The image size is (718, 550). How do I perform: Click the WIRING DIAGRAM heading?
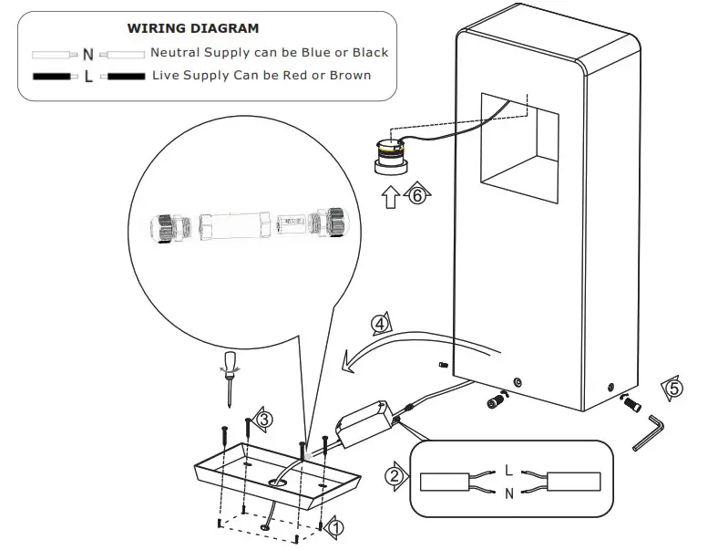tap(192, 28)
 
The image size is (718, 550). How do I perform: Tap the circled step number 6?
tap(417, 194)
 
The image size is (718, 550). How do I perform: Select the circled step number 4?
tap(380, 323)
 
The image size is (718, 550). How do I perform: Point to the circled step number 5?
tap(672, 389)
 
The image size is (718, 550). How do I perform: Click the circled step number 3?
tap(263, 420)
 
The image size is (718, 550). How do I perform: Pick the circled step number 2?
tap(394, 475)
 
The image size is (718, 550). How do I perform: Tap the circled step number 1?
tap(335, 527)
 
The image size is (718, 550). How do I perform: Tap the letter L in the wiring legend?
tap(87, 76)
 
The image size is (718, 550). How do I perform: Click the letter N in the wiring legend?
tap(87, 54)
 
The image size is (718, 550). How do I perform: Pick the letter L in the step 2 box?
tap(508, 471)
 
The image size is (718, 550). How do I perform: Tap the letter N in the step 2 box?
tap(508, 493)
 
